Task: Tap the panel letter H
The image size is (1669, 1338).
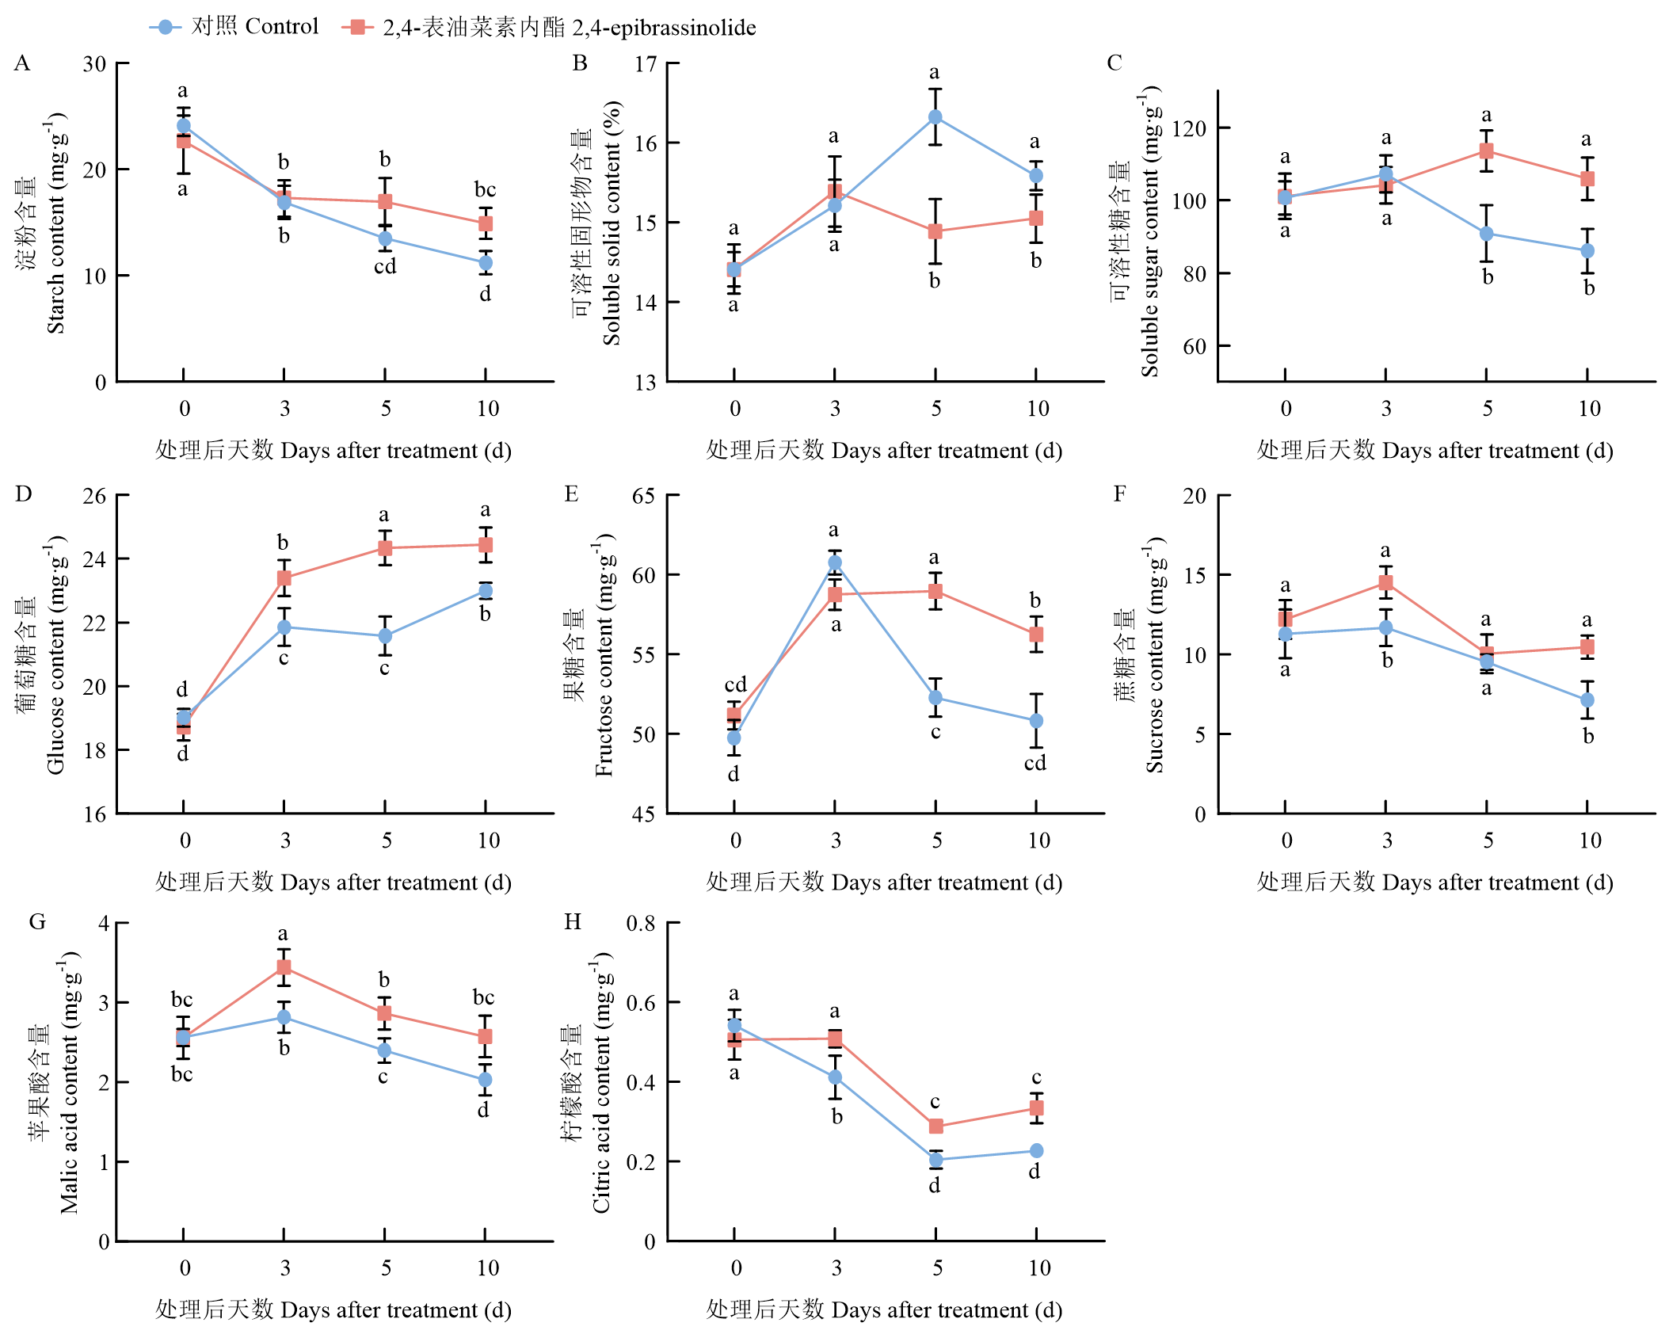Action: point(572,921)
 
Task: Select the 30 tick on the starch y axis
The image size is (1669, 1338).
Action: point(94,64)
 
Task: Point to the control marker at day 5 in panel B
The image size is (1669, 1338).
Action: point(935,117)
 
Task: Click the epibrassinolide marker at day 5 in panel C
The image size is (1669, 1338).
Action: point(1487,151)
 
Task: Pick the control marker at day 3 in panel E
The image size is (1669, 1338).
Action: point(835,562)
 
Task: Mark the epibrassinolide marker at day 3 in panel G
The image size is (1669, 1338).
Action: point(284,967)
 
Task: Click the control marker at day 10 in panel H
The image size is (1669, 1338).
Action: point(1036,1150)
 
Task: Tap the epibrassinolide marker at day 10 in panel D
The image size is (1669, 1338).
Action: point(486,545)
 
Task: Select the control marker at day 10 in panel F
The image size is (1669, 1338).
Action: point(1587,700)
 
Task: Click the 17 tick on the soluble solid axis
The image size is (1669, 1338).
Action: point(646,64)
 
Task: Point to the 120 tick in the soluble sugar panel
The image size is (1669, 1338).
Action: point(1188,128)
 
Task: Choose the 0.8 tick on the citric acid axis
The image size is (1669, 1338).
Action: point(641,924)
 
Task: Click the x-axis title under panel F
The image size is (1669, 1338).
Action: point(1435,882)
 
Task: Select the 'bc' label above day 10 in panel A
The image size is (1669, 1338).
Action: point(486,189)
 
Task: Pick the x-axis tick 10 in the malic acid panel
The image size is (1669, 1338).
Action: point(488,1268)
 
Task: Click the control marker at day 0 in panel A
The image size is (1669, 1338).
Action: point(184,126)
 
